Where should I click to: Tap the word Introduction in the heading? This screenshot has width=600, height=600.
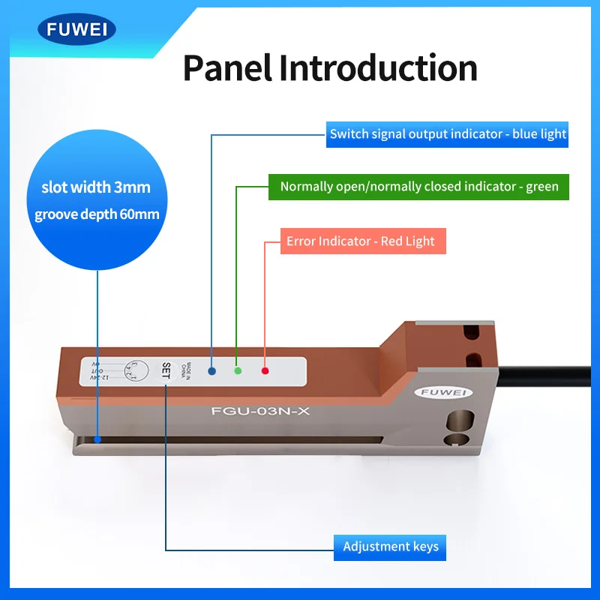click(x=378, y=68)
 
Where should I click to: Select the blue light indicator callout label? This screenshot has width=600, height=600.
click(x=448, y=134)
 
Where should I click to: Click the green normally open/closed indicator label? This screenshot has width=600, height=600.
click(x=419, y=186)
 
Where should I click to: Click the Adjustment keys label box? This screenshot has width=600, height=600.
click(x=390, y=546)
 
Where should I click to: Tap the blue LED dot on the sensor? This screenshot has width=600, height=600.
click(x=212, y=370)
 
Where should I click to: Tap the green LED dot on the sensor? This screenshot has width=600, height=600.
click(x=238, y=370)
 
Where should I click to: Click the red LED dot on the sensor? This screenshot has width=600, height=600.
click(x=264, y=370)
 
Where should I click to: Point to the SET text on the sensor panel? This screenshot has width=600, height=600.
click(x=166, y=370)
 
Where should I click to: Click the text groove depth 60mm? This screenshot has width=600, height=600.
click(x=97, y=214)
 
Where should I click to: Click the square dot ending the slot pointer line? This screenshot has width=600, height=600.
click(x=97, y=439)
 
